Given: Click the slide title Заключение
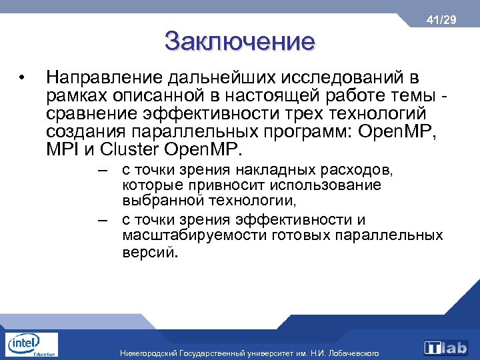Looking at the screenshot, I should click(x=239, y=41).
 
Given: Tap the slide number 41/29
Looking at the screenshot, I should click(x=442, y=21).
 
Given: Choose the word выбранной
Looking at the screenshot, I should click(x=161, y=200).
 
